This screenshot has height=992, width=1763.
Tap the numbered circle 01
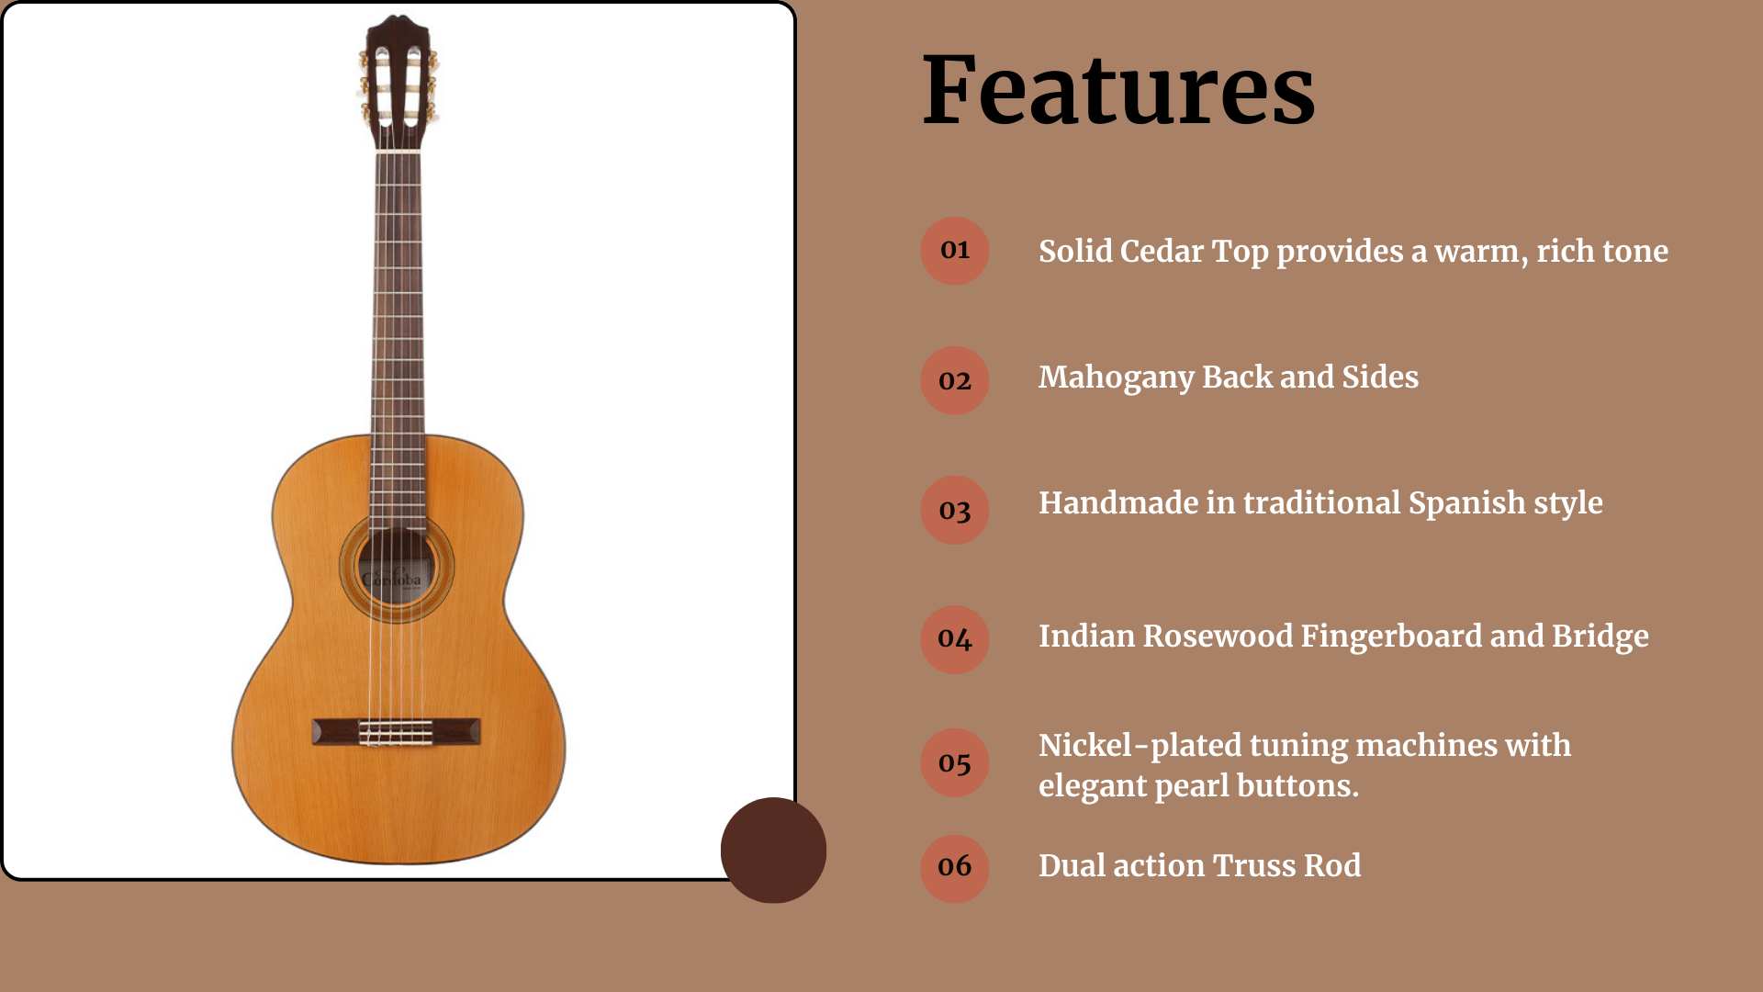pyautogui.click(x=955, y=251)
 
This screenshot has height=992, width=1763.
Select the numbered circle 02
pyautogui.click(x=955, y=380)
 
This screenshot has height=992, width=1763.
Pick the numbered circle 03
pyautogui.click(x=955, y=510)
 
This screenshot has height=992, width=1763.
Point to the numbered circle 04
pyautogui.click(x=955, y=639)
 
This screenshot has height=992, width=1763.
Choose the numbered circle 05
pyautogui.click(x=955, y=762)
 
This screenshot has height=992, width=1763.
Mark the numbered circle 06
pyautogui.click(x=955, y=868)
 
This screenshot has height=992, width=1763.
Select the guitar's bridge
pyautogui.click(x=396, y=732)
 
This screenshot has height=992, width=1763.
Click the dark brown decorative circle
pyautogui.click(x=773, y=851)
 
